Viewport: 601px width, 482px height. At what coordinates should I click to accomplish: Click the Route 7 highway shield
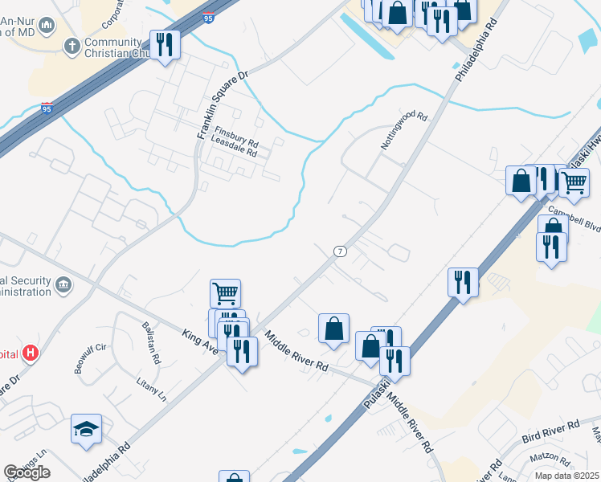pos(341,251)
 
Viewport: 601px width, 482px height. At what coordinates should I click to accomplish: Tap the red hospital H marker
pos(31,352)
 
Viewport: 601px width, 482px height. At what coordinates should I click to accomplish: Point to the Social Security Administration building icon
pos(63,284)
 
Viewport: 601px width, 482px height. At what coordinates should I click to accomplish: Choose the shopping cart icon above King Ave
pos(225,292)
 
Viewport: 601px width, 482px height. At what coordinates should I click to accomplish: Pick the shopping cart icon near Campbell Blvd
pos(573,182)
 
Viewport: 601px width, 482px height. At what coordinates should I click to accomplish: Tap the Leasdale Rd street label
pos(233,152)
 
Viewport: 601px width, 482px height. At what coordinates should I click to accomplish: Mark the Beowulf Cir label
pos(90,349)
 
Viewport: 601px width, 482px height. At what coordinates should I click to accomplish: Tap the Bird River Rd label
pos(550,431)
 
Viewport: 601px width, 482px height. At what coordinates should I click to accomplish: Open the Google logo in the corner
pos(27,472)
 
